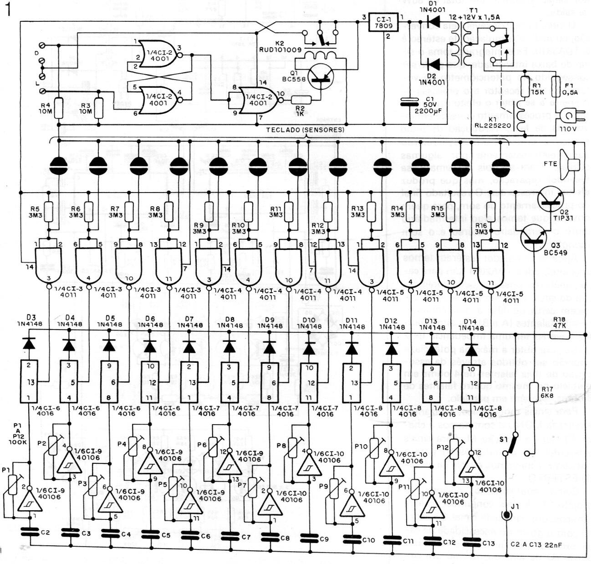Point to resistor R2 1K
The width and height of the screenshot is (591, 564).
(301, 101)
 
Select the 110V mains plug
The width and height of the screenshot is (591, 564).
(569, 117)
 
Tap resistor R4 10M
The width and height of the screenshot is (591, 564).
(58, 108)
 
